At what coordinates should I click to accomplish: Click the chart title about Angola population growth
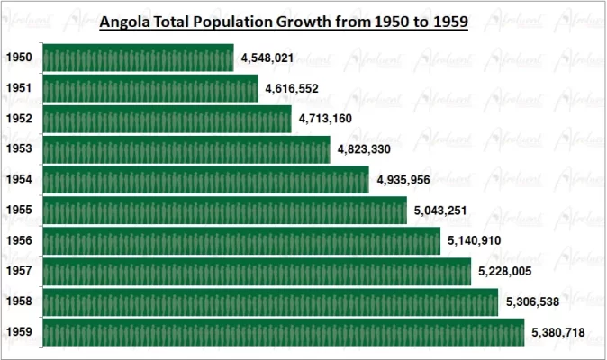pos(284,22)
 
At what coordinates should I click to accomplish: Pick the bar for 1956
pos(241,241)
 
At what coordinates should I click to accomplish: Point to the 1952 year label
pos(19,119)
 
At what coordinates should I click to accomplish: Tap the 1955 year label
pos(19,211)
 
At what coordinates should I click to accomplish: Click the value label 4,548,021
pos(267,58)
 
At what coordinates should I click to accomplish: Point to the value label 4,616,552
pos(292,89)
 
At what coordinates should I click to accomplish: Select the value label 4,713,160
pos(325,119)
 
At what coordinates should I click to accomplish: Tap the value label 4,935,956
pos(403,180)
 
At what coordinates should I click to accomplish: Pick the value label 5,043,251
pos(441,211)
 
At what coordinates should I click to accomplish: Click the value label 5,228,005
pos(505,272)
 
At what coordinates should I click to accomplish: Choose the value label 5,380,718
pos(558,333)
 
